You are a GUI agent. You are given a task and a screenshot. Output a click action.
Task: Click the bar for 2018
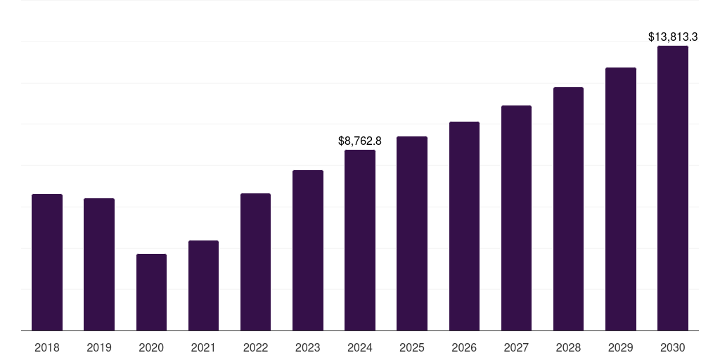tap(47, 262)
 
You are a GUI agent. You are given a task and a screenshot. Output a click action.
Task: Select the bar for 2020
tap(151, 292)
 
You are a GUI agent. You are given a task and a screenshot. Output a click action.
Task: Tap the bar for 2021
tap(203, 285)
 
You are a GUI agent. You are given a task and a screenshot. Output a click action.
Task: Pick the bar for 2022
tap(255, 262)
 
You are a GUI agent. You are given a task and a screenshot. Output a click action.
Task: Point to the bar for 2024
tap(360, 240)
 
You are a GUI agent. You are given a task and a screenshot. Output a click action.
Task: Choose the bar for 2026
tap(464, 226)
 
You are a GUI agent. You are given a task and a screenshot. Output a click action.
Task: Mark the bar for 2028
tap(568, 209)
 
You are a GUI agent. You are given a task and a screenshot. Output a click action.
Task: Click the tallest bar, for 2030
tap(673, 188)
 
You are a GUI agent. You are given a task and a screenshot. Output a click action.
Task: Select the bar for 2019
tap(99, 264)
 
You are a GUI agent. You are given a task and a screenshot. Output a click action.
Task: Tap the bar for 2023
tap(308, 250)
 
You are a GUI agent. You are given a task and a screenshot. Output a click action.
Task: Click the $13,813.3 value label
tap(673, 37)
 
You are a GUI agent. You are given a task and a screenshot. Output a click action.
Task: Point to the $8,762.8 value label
tap(360, 141)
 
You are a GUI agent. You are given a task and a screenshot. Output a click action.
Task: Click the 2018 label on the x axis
tap(47, 347)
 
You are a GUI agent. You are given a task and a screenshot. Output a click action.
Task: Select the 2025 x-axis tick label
tap(412, 347)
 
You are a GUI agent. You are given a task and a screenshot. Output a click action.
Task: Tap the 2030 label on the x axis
tap(673, 347)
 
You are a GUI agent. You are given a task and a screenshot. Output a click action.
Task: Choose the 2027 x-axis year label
tap(516, 347)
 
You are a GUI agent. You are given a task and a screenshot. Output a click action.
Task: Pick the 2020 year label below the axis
tap(151, 347)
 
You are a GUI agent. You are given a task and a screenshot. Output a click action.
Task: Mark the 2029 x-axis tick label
tap(621, 347)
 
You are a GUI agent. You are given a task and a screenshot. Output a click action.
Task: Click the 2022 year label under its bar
tap(255, 347)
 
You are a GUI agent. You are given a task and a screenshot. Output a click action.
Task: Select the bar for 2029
tap(621, 199)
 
